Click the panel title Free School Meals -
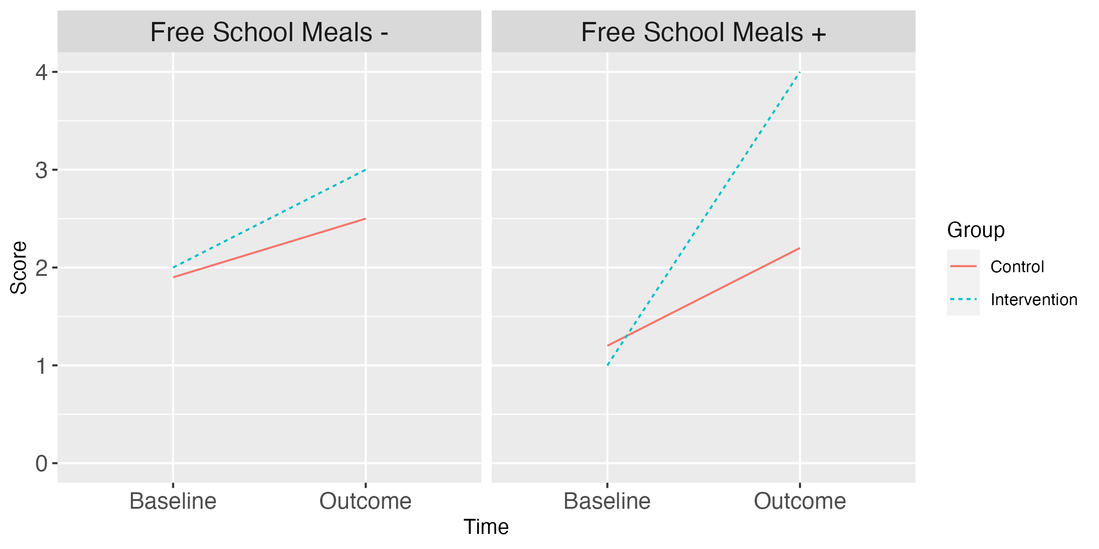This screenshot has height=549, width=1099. click(269, 32)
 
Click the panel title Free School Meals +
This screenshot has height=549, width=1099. click(703, 32)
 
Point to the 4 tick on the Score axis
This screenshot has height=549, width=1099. click(42, 72)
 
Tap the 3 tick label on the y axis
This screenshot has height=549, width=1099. click(42, 170)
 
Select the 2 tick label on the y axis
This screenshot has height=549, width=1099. click(42, 268)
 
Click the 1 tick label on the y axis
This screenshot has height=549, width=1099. click(42, 366)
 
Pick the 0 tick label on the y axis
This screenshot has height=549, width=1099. click(42, 464)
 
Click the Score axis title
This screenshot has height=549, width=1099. click(19, 268)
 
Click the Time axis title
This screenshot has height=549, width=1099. click(486, 527)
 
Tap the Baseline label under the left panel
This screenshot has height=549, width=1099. click(173, 501)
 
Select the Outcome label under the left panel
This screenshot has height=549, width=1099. click(365, 501)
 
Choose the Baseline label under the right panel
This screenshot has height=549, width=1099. click(607, 501)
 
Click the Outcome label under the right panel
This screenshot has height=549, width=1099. click(800, 501)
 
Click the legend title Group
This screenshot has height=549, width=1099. click(975, 230)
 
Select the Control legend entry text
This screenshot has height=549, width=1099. click(1017, 267)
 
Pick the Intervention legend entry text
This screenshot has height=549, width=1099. click(1034, 300)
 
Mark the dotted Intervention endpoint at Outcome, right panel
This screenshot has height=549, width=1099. click(800, 72)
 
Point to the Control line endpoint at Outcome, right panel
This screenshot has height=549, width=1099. click(800, 248)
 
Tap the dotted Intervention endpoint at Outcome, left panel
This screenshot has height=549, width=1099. click(365, 170)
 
